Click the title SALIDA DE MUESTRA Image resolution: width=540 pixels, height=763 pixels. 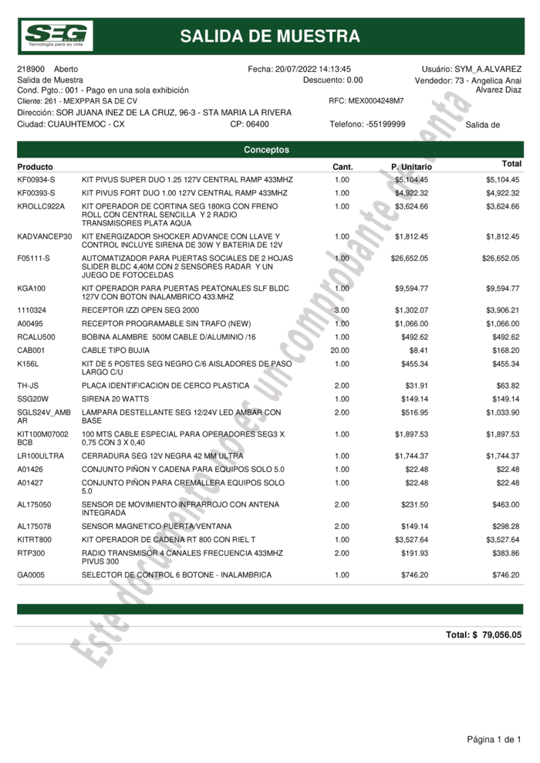tap(270, 36)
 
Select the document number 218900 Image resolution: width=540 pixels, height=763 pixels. tap(30, 70)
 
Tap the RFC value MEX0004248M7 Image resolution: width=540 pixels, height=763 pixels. tap(376, 101)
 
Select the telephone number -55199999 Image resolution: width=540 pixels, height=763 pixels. tap(385, 124)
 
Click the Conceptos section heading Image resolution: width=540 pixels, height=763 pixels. tap(266, 150)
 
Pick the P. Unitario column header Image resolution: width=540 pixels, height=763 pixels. tap(411, 167)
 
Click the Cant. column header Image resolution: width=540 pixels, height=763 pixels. tap(343, 167)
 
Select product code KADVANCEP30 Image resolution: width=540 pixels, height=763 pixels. tap(44, 236)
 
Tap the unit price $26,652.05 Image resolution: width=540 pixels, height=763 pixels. tap(409, 259)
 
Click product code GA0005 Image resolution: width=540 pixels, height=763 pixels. tap(32, 575)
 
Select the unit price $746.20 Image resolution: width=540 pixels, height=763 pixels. tap(414, 575)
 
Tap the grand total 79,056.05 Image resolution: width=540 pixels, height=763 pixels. tap(502, 635)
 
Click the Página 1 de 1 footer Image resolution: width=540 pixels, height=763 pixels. tap(494, 740)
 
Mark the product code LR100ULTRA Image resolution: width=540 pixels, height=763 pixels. tap(40, 456)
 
